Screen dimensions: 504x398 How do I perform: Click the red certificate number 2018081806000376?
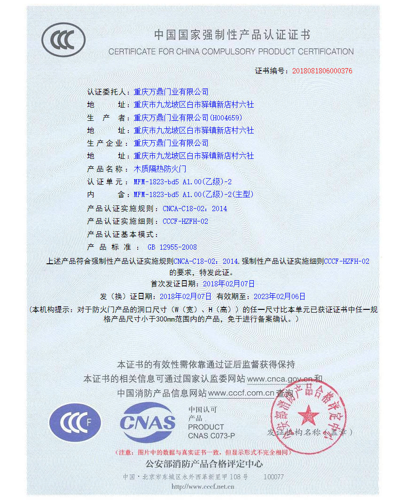pos(322,71)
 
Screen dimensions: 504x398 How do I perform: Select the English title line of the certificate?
pos(231,52)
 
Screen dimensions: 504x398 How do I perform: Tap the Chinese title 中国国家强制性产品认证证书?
pos(232,35)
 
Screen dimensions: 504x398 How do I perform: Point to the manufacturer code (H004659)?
pos(226,118)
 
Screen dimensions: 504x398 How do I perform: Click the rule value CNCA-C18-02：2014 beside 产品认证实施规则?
pos(195,209)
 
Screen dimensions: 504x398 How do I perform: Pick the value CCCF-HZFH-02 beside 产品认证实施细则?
pos(185,221)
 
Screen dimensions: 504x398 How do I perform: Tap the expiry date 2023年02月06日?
pos(279,296)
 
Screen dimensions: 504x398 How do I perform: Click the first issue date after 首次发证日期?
pos(228,283)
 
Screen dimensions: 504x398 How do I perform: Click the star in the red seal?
pos(308,415)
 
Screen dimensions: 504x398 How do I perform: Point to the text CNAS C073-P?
pos(211,436)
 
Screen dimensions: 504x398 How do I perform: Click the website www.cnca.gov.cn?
pos(280,379)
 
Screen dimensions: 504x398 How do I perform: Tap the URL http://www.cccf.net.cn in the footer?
pos(203,487)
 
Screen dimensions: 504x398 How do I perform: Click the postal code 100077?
pos(273,477)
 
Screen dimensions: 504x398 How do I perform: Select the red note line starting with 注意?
pos(202,452)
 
